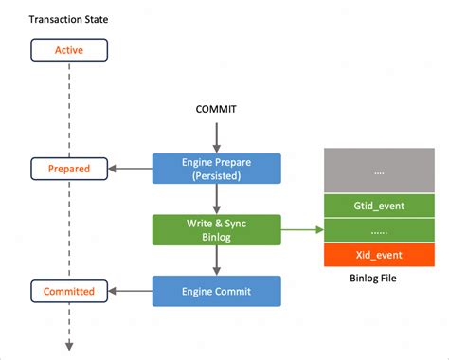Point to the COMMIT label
pos(217,110)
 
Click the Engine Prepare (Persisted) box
pos(217,169)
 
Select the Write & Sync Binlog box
pos(217,229)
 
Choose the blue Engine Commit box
pos(217,290)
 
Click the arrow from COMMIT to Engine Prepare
pos(217,136)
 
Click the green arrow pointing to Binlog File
pos(302,229)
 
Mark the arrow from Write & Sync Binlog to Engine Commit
pos(217,260)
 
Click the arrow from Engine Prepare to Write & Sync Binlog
pos(217,199)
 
